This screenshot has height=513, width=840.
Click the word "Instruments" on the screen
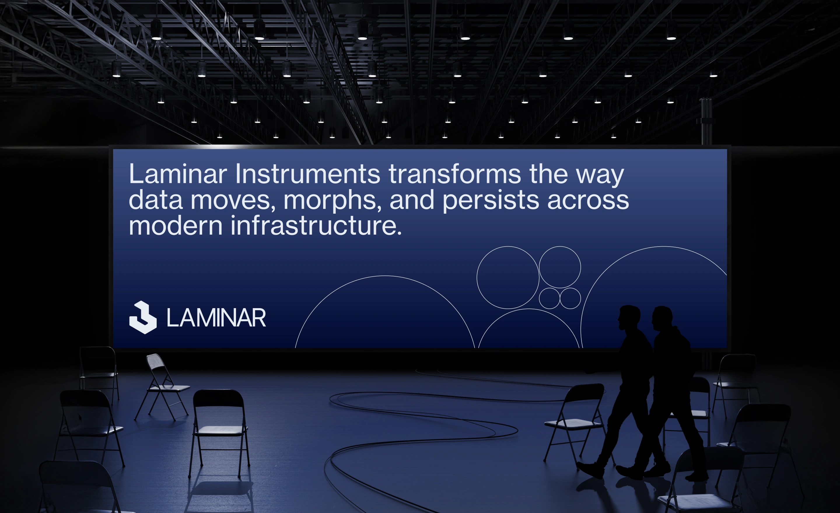point(307,174)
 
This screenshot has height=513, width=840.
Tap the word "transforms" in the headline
point(455,174)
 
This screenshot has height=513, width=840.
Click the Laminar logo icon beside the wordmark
point(143,317)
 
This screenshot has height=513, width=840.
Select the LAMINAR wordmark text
point(216,318)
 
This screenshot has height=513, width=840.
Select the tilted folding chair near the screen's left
point(162,388)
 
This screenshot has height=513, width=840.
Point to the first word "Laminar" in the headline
point(178,174)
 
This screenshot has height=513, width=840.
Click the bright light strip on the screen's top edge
point(218,147)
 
